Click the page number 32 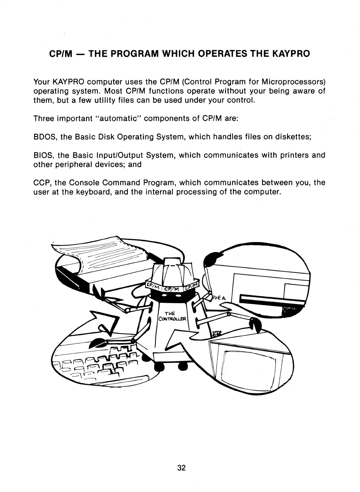coord(182,468)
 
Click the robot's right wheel coord(183,367)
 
